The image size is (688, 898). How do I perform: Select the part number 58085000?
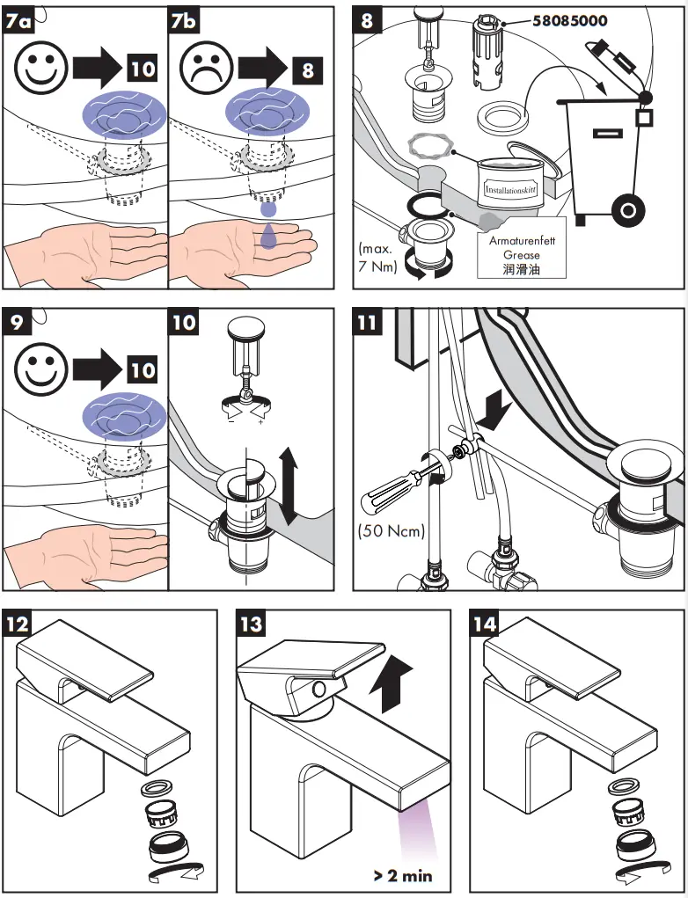(569, 19)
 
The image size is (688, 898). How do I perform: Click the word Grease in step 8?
(522, 255)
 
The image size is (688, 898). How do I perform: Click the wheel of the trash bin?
(628, 211)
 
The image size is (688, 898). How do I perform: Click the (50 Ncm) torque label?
(392, 530)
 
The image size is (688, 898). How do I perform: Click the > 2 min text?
(402, 875)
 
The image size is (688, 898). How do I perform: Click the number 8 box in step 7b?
(307, 69)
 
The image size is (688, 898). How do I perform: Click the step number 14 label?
(484, 624)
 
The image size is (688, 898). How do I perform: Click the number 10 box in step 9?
(143, 370)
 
